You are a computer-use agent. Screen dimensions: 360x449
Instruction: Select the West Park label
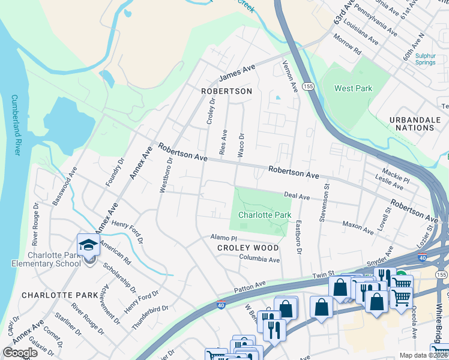pos(353,89)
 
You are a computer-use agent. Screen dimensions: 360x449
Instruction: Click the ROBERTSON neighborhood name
pos(226,91)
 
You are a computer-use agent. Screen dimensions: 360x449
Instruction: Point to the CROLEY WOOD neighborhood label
pos(248,248)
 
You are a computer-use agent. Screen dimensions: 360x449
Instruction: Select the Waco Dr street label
pos(241,146)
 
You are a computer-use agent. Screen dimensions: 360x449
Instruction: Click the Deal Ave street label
pos(297,196)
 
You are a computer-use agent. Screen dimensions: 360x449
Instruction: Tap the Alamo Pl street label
pos(220,238)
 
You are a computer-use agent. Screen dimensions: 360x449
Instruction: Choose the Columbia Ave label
pos(259,260)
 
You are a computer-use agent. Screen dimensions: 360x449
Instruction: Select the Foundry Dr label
pos(115,172)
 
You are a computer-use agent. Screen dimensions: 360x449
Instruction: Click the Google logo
pos(20,353)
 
